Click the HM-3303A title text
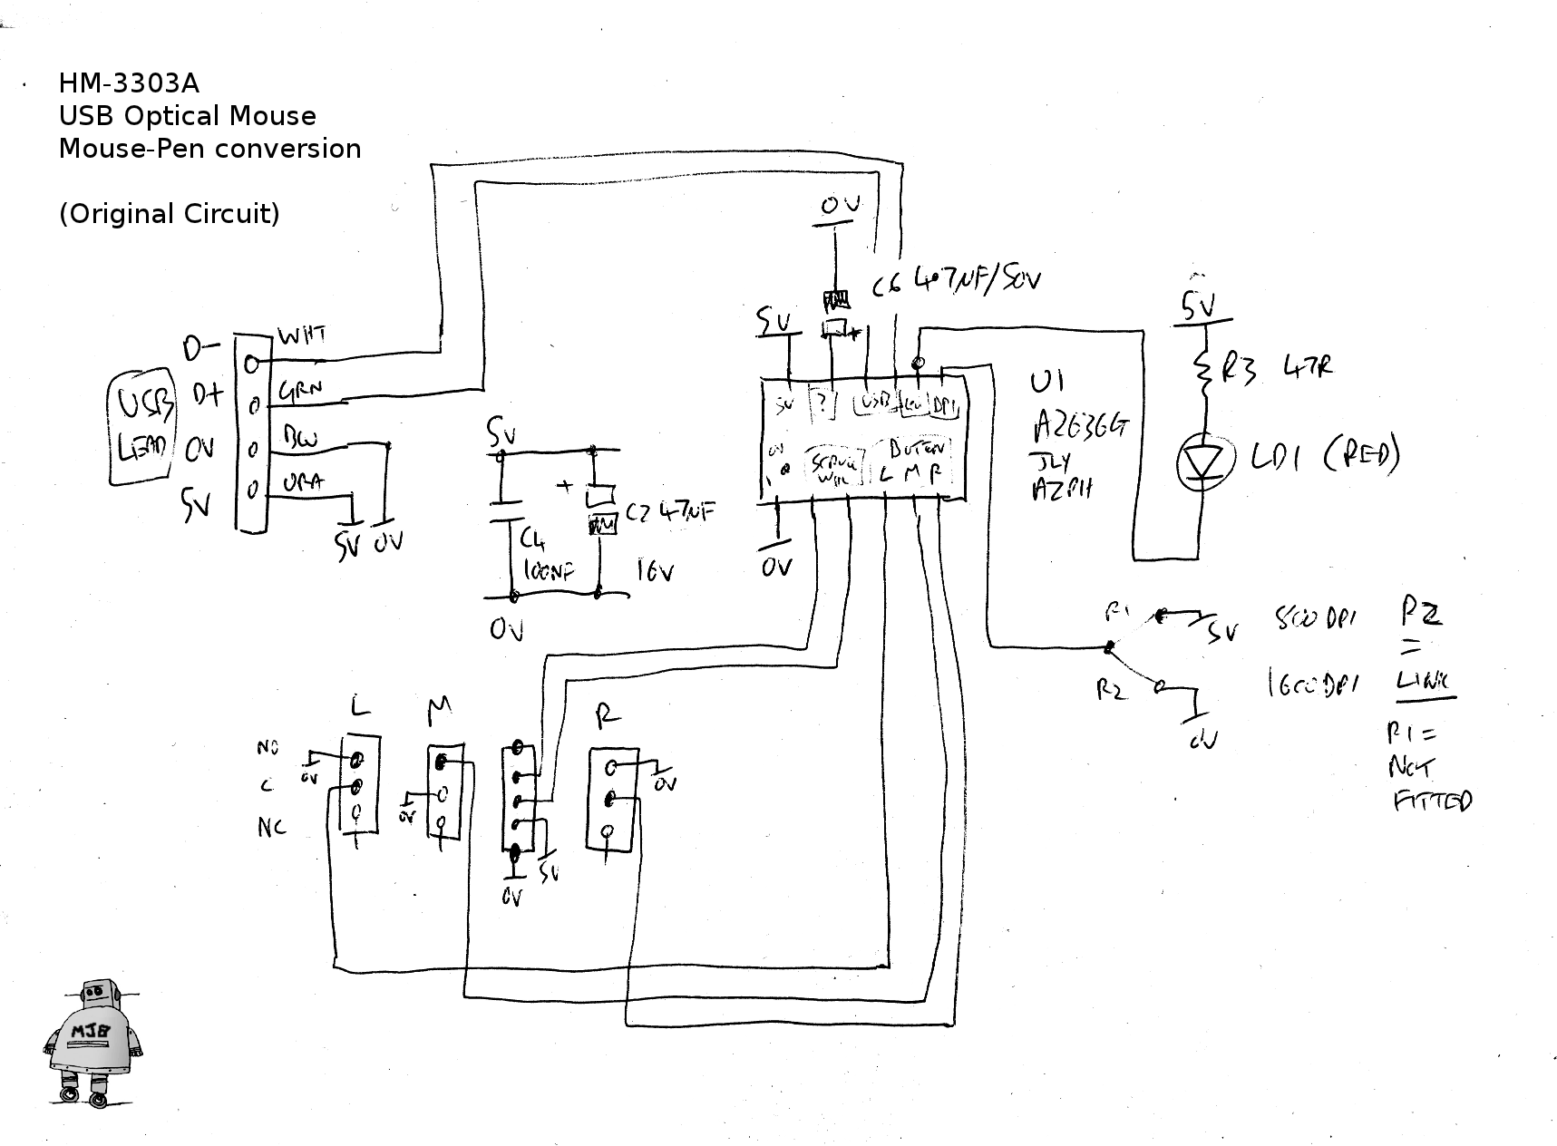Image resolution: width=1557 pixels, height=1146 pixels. pos(128,83)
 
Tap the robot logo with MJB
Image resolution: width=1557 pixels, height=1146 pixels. pos(93,1043)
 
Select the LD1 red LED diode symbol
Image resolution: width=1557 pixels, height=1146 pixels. pos(1205,462)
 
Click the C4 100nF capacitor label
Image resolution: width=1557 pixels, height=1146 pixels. pos(542,555)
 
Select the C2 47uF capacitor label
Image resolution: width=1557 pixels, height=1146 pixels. pos(669,512)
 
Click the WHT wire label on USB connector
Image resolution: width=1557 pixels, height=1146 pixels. pos(301,335)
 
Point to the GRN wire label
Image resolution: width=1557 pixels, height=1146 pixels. pos(300,392)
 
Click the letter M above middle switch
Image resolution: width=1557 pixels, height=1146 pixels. pos(439,709)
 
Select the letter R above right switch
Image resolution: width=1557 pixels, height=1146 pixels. pos(607,717)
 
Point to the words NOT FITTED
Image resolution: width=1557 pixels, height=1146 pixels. pos(1429,783)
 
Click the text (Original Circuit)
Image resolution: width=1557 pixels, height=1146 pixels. pos(169,214)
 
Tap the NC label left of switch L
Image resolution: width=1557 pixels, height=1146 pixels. pos(271,827)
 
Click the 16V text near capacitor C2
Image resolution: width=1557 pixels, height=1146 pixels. pos(654,571)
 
